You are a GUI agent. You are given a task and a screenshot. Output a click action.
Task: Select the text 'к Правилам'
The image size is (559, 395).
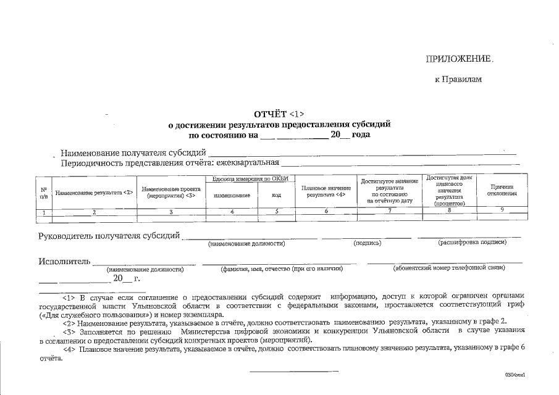click(x=458, y=80)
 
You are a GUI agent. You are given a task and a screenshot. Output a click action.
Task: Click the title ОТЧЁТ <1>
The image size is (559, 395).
click(x=279, y=114)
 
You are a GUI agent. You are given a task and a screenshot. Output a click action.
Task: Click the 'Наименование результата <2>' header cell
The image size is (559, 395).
click(x=94, y=193)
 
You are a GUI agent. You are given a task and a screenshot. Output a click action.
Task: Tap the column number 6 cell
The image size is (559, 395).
click(x=325, y=211)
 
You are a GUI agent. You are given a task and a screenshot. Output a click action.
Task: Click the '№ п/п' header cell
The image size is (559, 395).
click(x=44, y=193)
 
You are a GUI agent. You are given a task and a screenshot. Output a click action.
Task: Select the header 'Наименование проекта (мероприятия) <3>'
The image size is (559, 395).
click(x=171, y=192)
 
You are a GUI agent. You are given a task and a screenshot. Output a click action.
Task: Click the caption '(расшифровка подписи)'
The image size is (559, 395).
click(x=473, y=243)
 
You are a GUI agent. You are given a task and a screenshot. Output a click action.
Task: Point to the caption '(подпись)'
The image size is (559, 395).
click(x=367, y=243)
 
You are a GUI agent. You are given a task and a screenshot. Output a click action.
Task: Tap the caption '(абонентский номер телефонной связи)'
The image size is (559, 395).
click(x=448, y=268)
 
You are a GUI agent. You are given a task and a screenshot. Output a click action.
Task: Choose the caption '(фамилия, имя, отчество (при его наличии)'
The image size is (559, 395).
click(x=281, y=268)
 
